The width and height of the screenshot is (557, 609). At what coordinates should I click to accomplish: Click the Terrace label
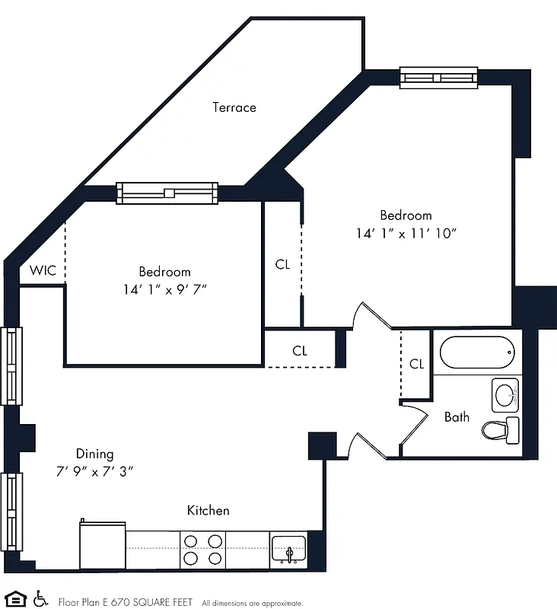234,107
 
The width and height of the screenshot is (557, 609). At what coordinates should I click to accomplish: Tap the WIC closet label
42,271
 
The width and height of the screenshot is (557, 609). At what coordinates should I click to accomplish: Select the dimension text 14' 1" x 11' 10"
406,233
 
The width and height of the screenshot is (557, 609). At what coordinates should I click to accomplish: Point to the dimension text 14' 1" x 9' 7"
164,289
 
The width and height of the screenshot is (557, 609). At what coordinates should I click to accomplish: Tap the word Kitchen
208,510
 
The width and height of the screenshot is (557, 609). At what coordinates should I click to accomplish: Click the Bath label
457,416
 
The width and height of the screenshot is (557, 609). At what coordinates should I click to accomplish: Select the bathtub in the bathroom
477,352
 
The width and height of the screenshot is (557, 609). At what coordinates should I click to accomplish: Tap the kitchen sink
289,549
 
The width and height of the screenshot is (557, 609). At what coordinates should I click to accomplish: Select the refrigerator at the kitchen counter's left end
103,545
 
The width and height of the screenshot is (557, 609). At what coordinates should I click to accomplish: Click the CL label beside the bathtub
416,364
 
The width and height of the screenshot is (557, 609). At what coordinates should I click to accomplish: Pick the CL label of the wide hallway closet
300,351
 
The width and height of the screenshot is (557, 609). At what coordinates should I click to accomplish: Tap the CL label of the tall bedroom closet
282,265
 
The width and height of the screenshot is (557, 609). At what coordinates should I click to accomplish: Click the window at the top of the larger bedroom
439,77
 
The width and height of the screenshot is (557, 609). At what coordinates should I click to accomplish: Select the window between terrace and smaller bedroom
167,193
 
